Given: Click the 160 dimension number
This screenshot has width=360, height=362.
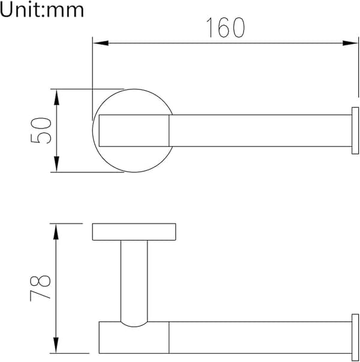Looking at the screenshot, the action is (226, 28).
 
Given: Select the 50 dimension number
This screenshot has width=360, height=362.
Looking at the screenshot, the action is (41, 130).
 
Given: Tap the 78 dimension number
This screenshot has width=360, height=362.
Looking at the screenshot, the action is (40, 288).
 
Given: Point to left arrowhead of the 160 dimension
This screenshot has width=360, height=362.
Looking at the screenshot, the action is (101, 43).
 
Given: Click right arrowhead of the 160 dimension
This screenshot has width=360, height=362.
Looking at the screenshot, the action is (350, 43).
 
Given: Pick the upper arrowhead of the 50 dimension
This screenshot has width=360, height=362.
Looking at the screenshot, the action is (56, 97).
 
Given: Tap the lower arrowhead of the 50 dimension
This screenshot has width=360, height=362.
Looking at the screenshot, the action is (56, 164).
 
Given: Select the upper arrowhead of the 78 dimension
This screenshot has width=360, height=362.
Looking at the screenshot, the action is (56, 232).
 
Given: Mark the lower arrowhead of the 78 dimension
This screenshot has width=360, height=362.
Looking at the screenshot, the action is (56, 345).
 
